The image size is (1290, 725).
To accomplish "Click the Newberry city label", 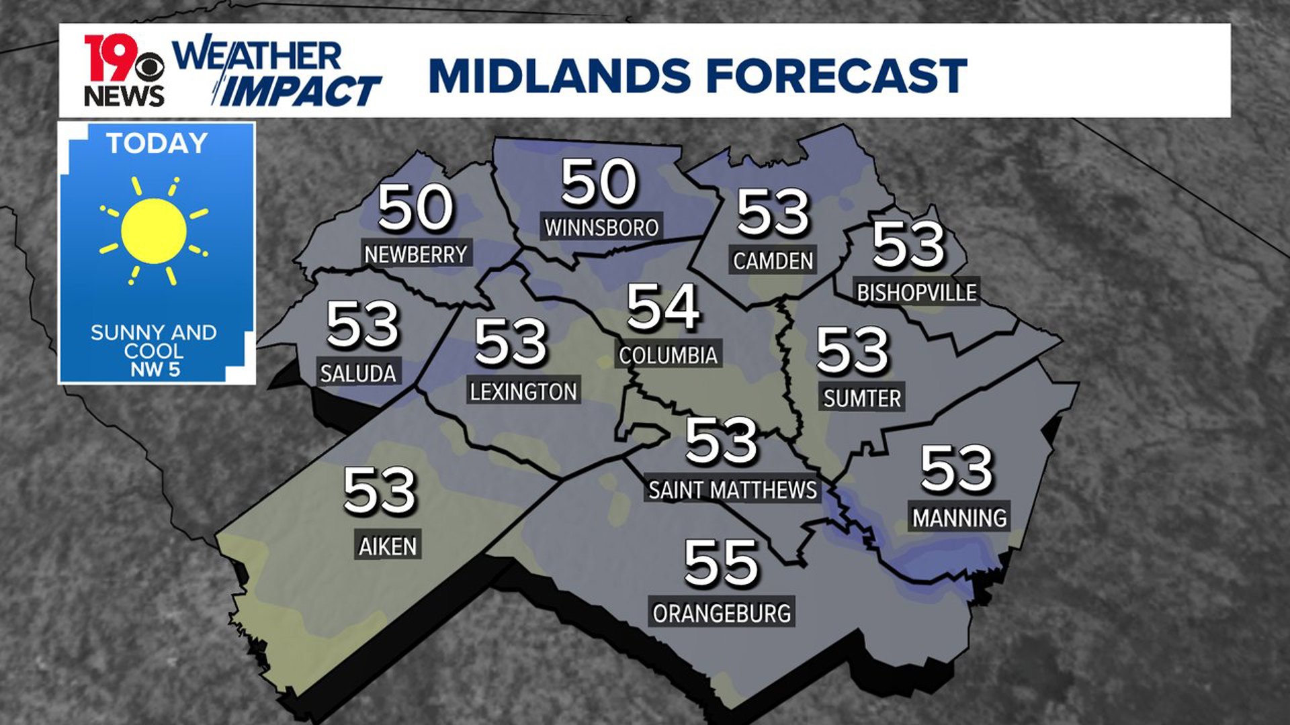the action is [416, 254].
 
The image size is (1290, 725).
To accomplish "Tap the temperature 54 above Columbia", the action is [663, 307].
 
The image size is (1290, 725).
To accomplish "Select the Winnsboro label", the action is [601, 228].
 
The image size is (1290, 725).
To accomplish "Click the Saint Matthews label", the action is [732, 490].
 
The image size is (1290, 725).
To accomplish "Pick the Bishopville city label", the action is [916, 293].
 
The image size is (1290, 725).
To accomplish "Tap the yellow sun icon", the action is [154, 230].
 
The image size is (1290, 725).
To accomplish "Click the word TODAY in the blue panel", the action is [157, 144].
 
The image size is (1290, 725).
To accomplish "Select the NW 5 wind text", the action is [155, 369].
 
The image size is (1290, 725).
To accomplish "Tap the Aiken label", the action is [388, 546].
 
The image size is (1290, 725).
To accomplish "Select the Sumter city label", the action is [862, 399].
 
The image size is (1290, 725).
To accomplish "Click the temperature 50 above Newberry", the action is [415, 207].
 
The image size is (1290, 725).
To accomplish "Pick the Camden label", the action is [773, 260].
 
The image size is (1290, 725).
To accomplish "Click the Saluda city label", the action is [358, 373].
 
